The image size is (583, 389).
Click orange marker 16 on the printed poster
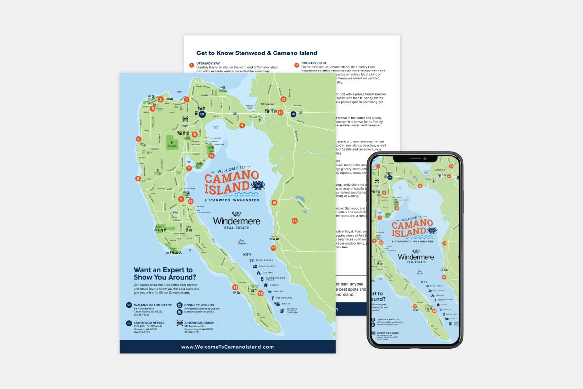(x=294, y=221)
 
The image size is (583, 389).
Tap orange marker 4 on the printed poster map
(x=242, y=125)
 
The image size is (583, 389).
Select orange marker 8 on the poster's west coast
(x=138, y=178)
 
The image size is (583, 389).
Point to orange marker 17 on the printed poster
(x=274, y=248)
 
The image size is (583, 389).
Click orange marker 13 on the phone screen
(x=451, y=166)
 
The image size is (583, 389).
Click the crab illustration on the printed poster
(x=257, y=185)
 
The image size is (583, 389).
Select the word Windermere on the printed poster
(x=237, y=221)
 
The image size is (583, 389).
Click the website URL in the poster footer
(x=227, y=347)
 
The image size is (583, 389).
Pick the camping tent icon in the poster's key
(x=259, y=273)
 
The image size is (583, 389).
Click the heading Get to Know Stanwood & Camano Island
(x=257, y=53)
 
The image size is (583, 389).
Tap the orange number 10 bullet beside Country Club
(x=297, y=65)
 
